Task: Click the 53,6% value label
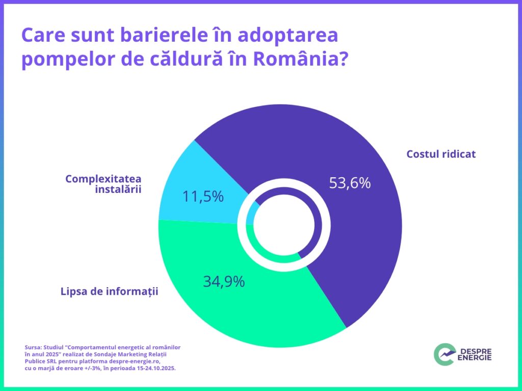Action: pyautogui.click(x=350, y=183)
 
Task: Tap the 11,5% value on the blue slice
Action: pyautogui.click(x=203, y=196)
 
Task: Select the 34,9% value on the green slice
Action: pyautogui.click(x=224, y=281)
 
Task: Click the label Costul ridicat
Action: pyautogui.click(x=441, y=154)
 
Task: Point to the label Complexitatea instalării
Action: pyautogui.click(x=103, y=184)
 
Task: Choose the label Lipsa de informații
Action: pyautogui.click(x=110, y=292)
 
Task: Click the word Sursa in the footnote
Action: pyautogui.click(x=33, y=347)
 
